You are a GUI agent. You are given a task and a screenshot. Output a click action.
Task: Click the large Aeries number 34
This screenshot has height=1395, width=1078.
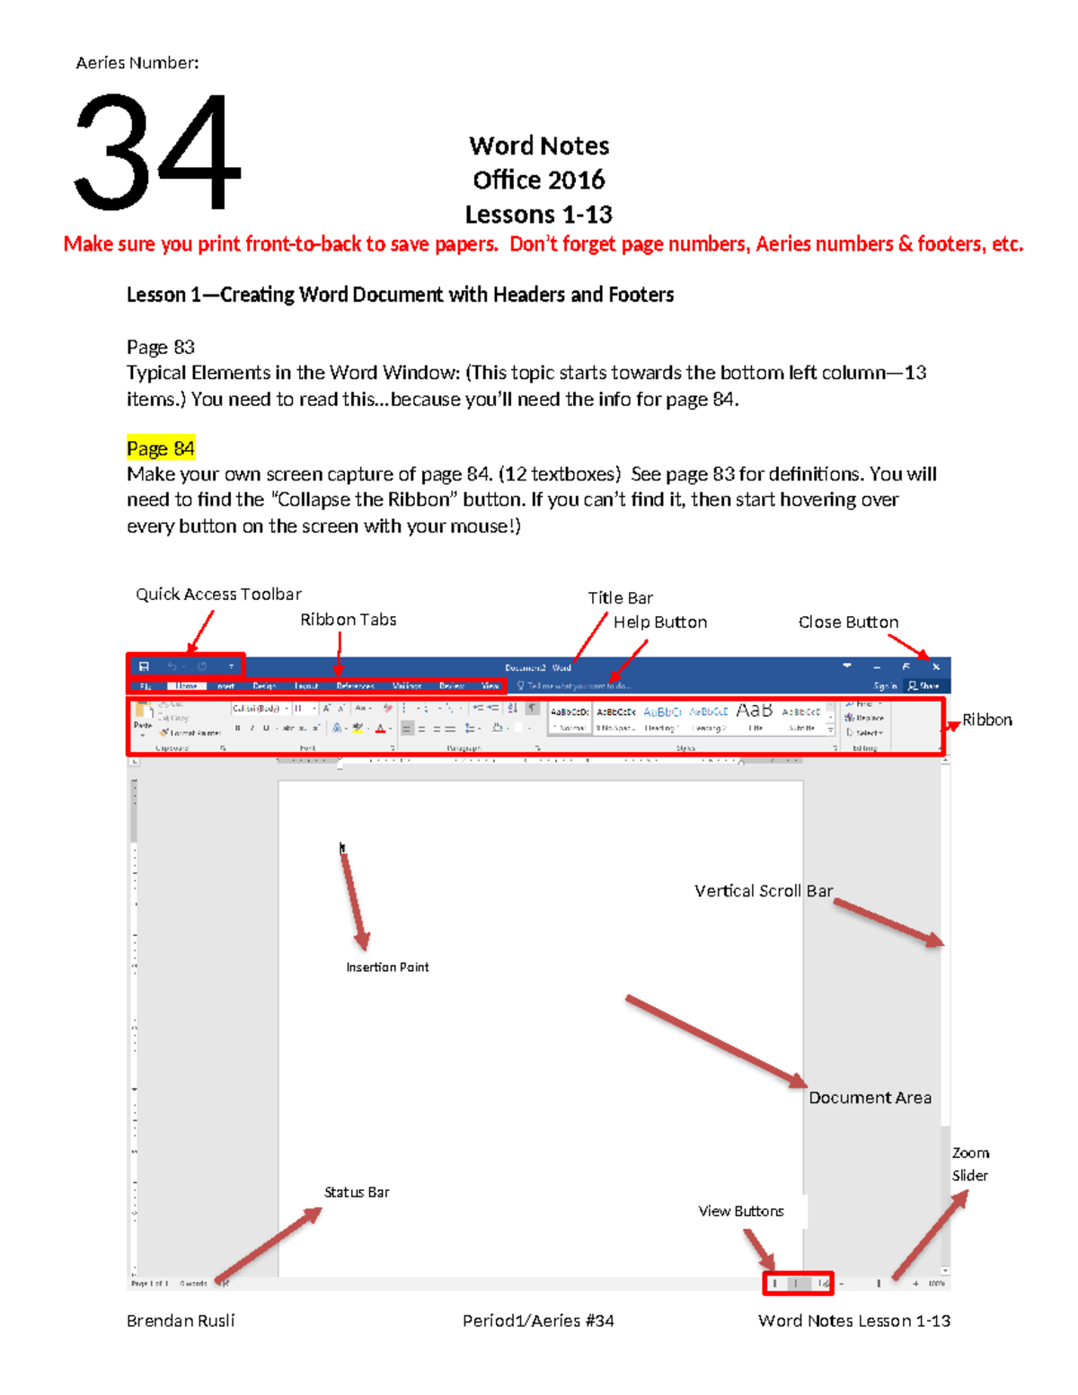click(x=156, y=152)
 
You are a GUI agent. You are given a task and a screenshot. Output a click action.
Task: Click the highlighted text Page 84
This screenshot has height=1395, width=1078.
click(x=161, y=448)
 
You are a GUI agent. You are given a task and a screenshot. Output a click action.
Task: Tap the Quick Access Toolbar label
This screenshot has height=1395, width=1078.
click(x=218, y=594)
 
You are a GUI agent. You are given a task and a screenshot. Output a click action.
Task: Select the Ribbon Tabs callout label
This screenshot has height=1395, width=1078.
click(x=348, y=620)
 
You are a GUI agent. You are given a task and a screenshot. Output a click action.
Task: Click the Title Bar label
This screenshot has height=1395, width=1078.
click(x=620, y=597)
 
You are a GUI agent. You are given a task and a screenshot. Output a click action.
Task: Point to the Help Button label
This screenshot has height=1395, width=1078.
click(x=659, y=622)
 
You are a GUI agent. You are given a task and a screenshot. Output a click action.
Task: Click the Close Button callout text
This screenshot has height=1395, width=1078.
click(x=848, y=622)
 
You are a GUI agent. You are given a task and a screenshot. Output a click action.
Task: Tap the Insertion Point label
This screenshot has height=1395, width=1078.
click(x=387, y=967)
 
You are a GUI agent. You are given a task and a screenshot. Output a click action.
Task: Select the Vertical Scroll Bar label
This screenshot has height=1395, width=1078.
click(x=764, y=891)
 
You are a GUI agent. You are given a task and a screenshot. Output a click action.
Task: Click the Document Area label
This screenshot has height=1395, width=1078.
click(x=870, y=1098)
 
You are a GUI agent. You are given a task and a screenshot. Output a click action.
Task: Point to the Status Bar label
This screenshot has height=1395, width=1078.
click(x=357, y=1192)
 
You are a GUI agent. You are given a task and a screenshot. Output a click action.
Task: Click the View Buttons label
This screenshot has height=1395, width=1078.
click(x=741, y=1211)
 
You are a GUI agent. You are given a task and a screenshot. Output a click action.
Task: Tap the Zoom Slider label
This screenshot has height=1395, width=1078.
click(x=970, y=1164)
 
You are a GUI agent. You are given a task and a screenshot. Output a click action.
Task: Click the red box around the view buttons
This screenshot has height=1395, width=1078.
click(x=798, y=1284)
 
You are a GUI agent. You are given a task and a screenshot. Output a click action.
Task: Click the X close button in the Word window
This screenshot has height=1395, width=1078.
click(x=936, y=667)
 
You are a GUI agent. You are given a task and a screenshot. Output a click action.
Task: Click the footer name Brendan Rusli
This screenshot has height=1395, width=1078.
click(x=181, y=1320)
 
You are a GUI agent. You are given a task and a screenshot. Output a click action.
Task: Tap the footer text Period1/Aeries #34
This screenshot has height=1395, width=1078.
click(x=538, y=1320)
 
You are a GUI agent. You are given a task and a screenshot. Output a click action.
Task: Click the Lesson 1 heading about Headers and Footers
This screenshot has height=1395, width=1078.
click(x=400, y=295)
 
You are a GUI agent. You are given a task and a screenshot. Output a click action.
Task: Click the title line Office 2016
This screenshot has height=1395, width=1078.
click(x=539, y=180)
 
